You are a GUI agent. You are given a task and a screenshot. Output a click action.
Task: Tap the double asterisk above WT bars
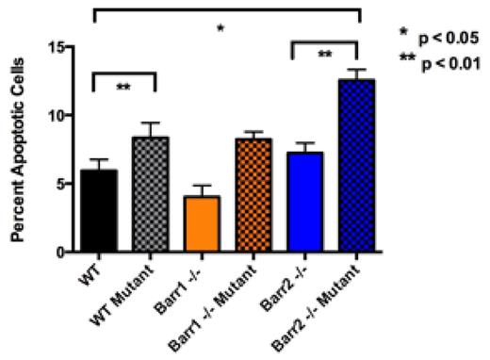click(x=122, y=87)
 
